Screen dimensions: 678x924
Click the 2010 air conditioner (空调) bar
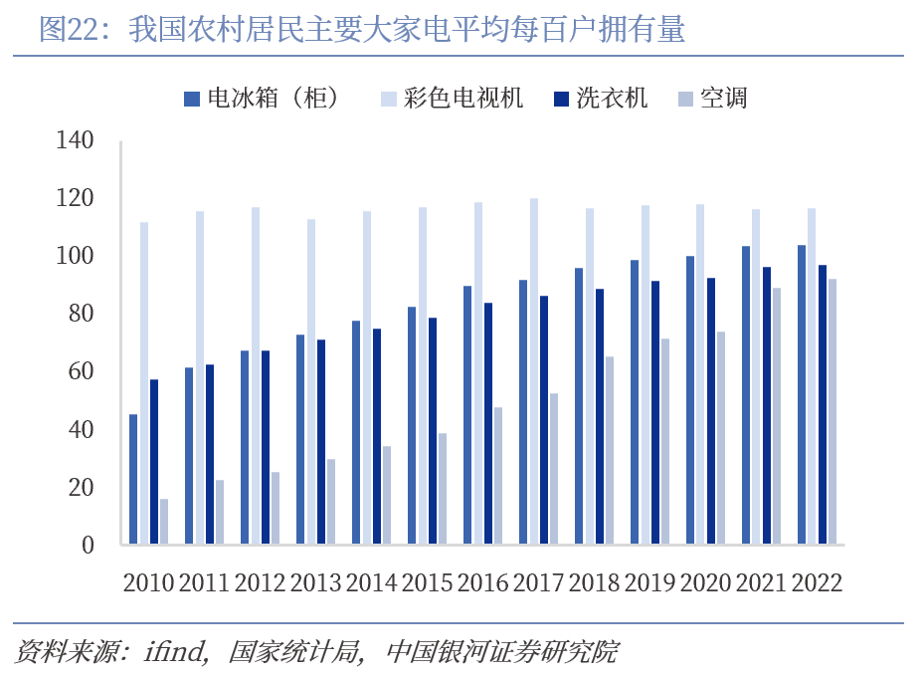click(x=164, y=522)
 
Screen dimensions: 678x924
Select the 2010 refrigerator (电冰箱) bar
click(x=133, y=480)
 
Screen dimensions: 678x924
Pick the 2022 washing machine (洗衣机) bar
click(x=822, y=405)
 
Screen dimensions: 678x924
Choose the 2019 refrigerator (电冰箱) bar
click(x=635, y=403)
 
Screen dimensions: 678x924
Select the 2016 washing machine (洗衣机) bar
click(x=488, y=424)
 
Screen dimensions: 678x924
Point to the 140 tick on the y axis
click(x=76, y=141)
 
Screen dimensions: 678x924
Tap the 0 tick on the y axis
click(x=88, y=546)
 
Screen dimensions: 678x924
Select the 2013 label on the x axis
click(x=316, y=583)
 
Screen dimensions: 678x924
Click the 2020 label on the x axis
click(x=705, y=583)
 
